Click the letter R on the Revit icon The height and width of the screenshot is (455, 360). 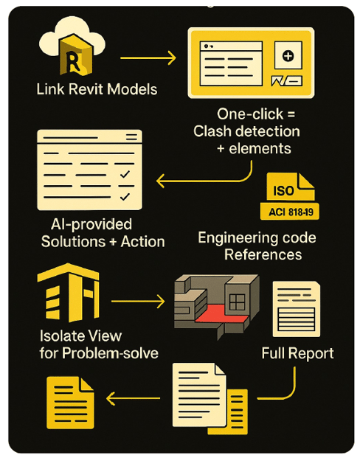coord(72,61)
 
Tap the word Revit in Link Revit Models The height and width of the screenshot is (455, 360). coord(86,89)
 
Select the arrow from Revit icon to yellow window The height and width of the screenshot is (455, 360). coord(148,58)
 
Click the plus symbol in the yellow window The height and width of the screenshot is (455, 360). coord(288,56)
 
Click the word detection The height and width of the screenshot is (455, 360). coord(267,131)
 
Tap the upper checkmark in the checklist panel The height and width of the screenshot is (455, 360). coord(125,174)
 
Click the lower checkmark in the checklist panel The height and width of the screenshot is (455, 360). coord(125,197)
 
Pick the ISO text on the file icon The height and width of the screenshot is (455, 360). coord(283,191)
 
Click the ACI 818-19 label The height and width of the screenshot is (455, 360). coord(291,212)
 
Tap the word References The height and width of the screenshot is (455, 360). coord(263,254)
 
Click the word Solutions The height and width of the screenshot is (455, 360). coord(73,241)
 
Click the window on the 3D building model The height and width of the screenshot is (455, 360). coord(238,302)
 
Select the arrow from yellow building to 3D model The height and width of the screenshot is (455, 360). coord(138,301)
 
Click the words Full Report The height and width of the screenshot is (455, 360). coord(297,353)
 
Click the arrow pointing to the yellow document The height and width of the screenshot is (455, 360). coord(133,397)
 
